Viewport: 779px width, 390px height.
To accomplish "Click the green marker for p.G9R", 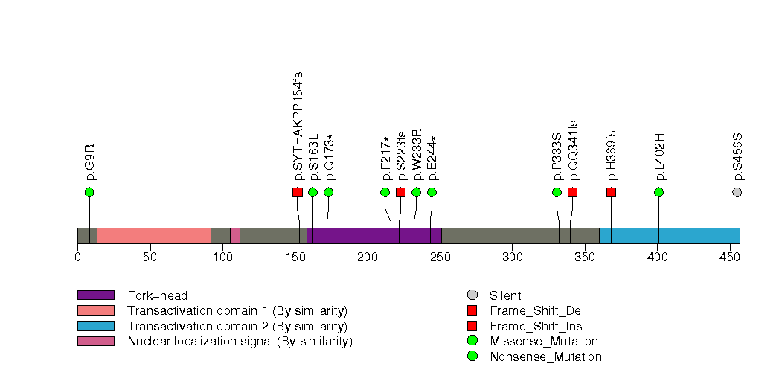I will tap(89, 192).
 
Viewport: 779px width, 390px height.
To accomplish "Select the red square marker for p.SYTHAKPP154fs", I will tap(298, 192).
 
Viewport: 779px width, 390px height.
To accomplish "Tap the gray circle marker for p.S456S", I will tap(737, 192).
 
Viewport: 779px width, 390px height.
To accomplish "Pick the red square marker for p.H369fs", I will tap(611, 192).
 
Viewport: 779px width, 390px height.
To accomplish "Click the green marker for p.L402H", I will tap(658, 192).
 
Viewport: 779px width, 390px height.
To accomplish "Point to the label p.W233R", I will tap(417, 154).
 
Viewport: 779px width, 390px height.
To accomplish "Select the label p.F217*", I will tap(385, 159).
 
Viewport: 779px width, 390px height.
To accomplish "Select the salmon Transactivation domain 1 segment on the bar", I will tap(154, 236).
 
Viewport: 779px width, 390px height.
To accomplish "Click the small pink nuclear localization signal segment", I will tap(235, 236).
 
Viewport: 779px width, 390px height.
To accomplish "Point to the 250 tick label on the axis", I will tap(440, 258).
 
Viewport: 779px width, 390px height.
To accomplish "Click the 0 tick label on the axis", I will tap(77, 258).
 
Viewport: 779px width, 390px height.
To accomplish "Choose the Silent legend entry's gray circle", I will tap(472, 295).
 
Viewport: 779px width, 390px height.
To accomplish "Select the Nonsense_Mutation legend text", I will tap(545, 357).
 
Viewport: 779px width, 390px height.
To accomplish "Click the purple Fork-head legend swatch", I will tap(95, 295).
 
